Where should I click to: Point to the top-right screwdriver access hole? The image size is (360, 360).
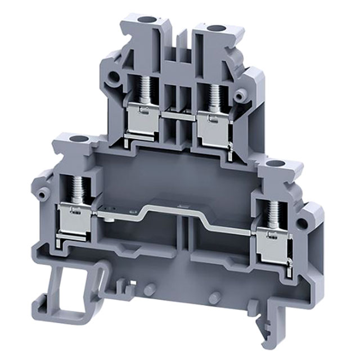point(214,28)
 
